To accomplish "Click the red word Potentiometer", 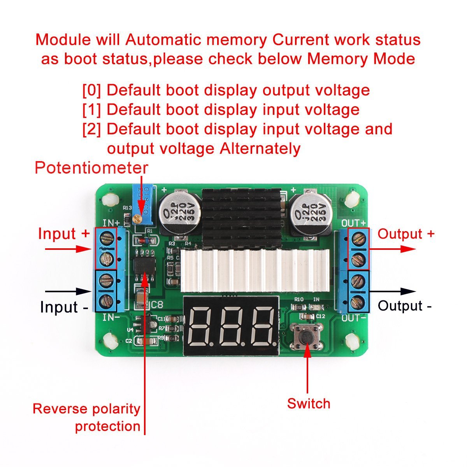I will (91, 168).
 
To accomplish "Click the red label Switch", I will (309, 404).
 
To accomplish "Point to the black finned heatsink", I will (242, 218).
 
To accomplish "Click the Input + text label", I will (64, 234).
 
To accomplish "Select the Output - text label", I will (405, 306).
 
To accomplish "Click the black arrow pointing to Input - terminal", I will (68, 291).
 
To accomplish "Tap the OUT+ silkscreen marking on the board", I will (353, 223).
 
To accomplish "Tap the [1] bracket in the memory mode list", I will (91, 110).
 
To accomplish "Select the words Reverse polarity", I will (86, 409).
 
